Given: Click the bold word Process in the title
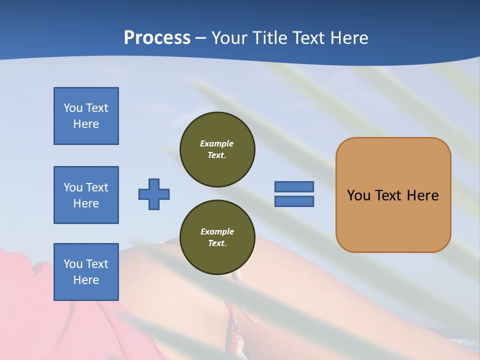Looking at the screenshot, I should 157,38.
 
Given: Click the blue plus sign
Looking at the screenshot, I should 154,194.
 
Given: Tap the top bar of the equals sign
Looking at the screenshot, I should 294,186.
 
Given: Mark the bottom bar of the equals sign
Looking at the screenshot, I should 294,201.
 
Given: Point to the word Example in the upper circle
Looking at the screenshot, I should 217,143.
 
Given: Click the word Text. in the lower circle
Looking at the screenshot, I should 217,243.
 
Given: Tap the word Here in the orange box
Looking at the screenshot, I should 422,195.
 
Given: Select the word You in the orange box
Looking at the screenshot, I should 358,195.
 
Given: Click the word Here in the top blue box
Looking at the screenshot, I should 86,124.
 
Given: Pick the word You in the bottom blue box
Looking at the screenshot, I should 73,264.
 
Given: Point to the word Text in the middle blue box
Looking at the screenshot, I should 97,187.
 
